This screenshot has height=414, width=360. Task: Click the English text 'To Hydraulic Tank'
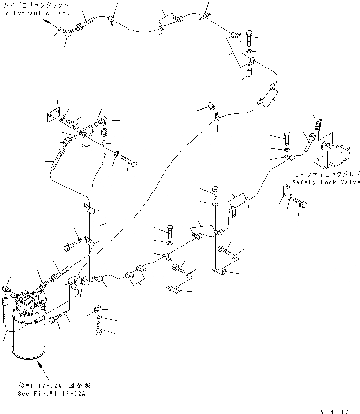coord(35,13)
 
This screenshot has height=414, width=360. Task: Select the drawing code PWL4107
coord(332,411)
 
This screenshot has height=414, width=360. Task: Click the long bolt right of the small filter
coord(127,163)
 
